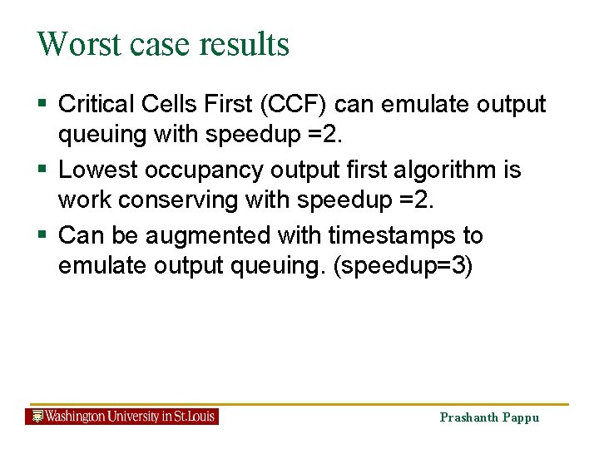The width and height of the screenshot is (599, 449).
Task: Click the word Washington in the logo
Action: click(76, 416)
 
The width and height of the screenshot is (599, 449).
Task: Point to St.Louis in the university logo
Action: click(193, 416)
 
